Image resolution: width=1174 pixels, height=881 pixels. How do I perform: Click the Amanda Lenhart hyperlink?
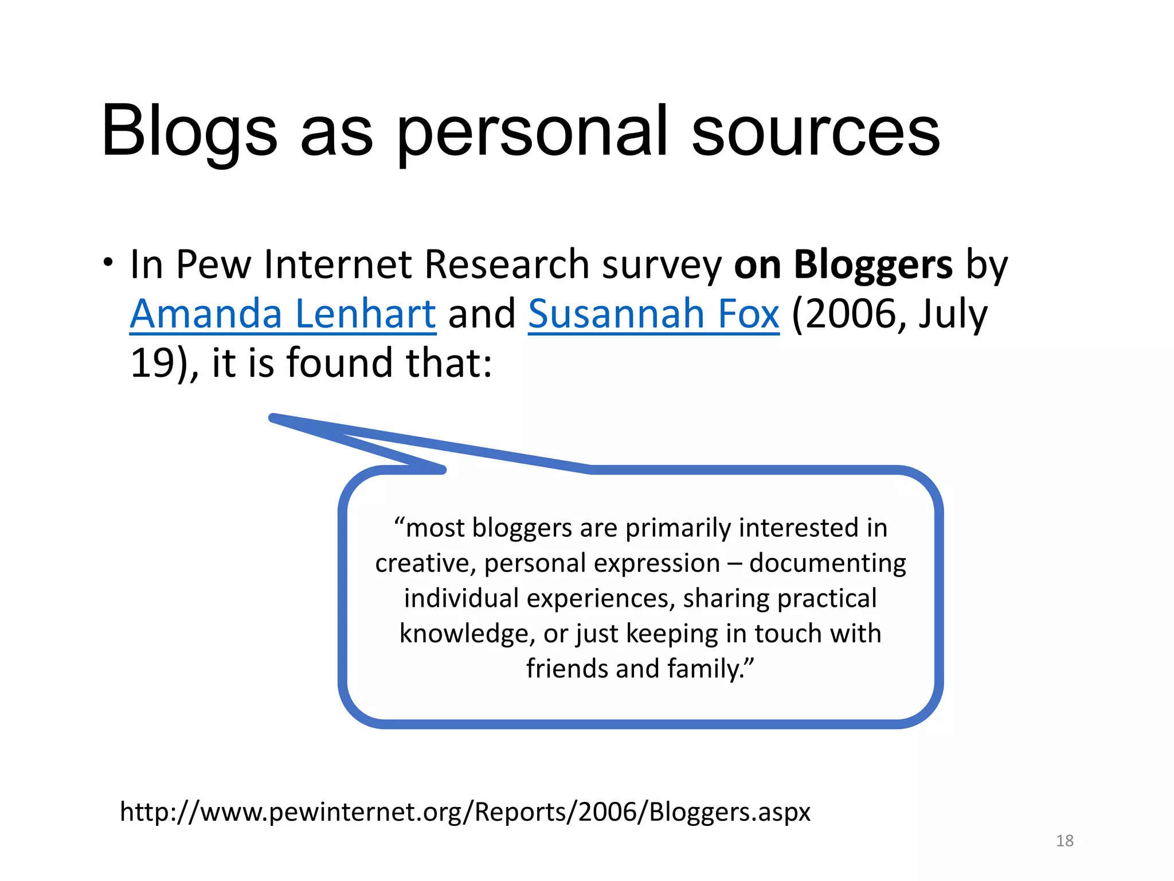tap(283, 314)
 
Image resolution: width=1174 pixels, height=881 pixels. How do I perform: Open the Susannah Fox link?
tap(653, 314)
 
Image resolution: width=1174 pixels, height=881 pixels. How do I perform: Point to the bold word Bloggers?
tap(873, 265)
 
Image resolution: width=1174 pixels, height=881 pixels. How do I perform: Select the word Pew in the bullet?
tap(213, 265)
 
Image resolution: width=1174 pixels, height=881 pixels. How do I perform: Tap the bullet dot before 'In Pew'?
tap(108, 263)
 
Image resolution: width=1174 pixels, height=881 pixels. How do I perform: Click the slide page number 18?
tap(1065, 841)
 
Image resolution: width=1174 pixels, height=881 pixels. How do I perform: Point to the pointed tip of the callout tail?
tap(273, 418)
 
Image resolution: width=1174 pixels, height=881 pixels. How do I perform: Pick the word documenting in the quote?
tap(827, 563)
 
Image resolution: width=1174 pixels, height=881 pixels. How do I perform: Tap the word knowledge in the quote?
tap(467, 634)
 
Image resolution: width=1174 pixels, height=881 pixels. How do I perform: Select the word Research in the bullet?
tap(507, 265)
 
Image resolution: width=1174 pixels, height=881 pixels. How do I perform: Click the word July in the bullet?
tap(953, 314)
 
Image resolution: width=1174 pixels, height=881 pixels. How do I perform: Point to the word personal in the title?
tap(532, 133)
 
